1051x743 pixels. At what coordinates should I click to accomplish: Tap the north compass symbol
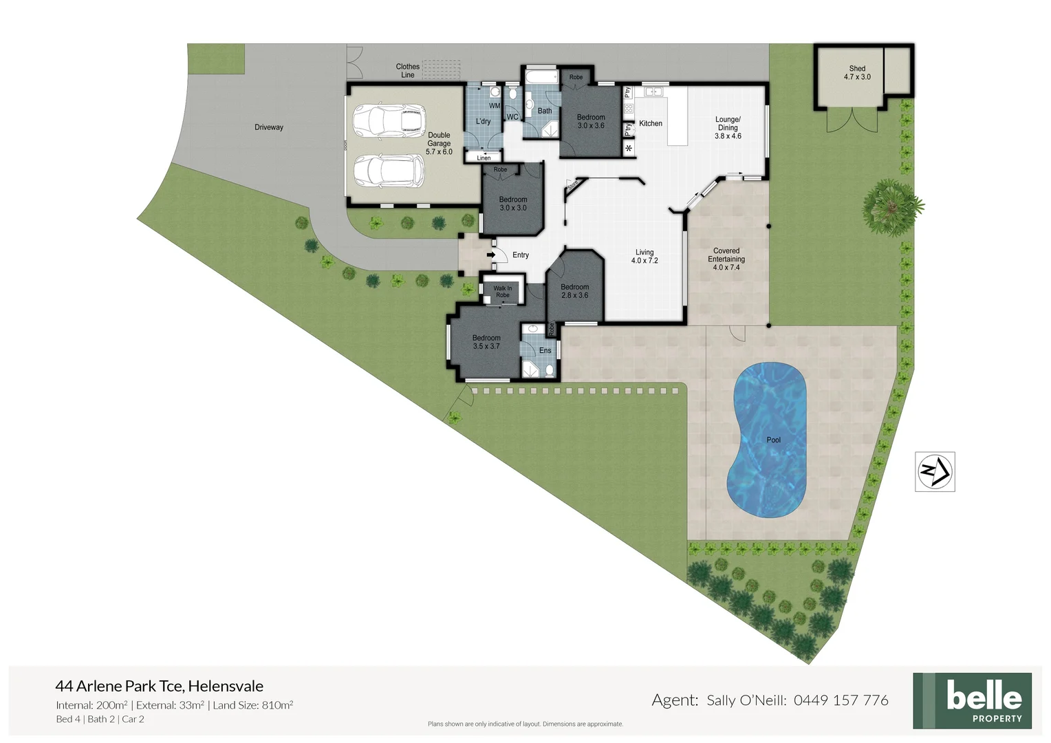click(935, 471)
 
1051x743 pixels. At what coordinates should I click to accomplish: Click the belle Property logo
click(972, 700)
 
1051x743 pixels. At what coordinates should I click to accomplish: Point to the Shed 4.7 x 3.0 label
click(857, 72)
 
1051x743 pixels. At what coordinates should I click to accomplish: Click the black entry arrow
click(491, 255)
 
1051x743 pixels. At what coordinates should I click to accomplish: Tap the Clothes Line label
click(408, 71)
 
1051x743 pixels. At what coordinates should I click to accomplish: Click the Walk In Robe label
click(503, 292)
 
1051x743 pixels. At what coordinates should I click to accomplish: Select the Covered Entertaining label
click(726, 259)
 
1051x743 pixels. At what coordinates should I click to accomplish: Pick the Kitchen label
click(651, 124)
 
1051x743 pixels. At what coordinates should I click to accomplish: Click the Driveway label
click(269, 127)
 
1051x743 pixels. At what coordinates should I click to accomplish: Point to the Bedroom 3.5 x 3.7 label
click(486, 342)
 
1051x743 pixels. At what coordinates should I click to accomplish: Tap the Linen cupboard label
click(484, 158)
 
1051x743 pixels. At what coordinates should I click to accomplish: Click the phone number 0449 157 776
click(841, 700)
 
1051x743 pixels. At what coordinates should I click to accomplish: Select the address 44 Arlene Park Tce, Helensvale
click(160, 686)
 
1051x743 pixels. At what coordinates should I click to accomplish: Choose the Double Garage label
click(439, 143)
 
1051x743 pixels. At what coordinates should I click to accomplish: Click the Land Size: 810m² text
click(253, 705)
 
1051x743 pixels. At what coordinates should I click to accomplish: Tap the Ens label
click(545, 351)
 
